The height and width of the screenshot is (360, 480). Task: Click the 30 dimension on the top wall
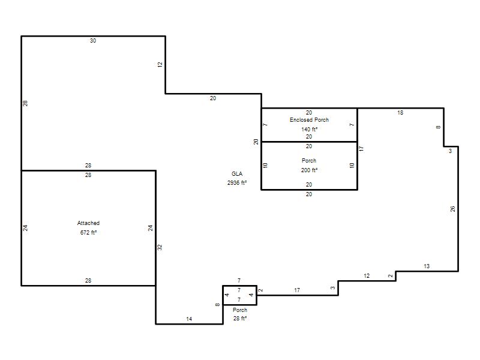point(93,40)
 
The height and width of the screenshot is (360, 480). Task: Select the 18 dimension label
point(400,113)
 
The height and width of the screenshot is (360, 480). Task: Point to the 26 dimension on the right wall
point(453,209)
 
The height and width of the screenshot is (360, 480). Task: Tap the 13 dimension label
point(427,266)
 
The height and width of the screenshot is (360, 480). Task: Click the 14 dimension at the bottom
point(189,319)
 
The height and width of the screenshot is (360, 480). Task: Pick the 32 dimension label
point(160,247)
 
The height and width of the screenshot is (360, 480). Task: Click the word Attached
point(88,223)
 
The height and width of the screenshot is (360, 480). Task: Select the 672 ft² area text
point(88,232)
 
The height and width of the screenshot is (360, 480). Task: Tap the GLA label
point(237,173)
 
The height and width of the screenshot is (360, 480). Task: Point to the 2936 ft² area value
point(237,183)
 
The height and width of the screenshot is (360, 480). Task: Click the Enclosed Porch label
point(309,119)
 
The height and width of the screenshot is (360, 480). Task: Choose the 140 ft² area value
point(309,129)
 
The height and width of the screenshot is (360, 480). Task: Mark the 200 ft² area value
point(309,170)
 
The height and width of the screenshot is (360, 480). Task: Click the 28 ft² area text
point(239,319)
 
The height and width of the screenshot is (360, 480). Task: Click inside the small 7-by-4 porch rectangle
point(239,295)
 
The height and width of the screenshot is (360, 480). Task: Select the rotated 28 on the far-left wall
point(25,103)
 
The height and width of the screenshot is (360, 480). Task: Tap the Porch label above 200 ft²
point(309,160)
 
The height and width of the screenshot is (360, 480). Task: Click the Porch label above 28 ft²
point(239,310)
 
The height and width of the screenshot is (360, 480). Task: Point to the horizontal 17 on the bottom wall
point(297,290)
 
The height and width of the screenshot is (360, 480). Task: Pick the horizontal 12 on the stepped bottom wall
point(367,276)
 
